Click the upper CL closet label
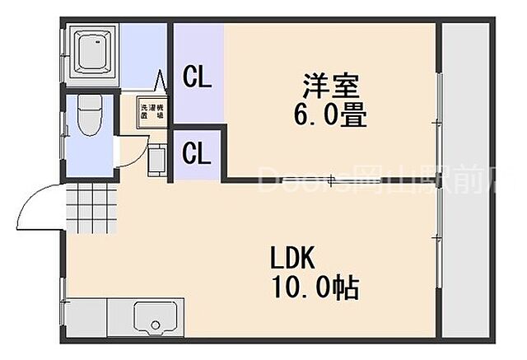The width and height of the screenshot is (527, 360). coord(198,78)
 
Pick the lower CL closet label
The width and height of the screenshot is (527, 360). coord(198,153)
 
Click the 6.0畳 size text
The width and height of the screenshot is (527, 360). coord(329,115)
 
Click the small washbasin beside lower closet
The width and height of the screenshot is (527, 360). coord(156,160)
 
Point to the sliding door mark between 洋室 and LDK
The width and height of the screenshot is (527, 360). coord(331,180)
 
